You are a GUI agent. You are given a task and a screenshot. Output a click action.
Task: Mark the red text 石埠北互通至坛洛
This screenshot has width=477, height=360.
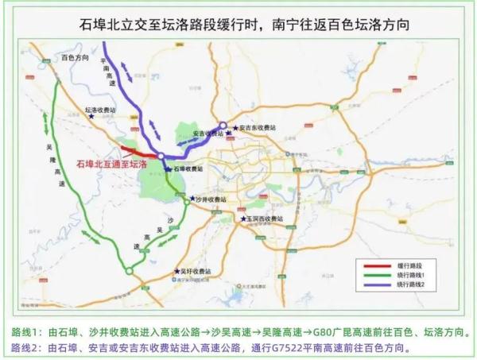tap(111, 162)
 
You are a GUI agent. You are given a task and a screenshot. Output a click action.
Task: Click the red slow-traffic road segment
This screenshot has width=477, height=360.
tap(138, 151)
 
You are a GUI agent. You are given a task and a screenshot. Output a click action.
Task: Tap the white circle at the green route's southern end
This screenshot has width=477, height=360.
tap(129, 271)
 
